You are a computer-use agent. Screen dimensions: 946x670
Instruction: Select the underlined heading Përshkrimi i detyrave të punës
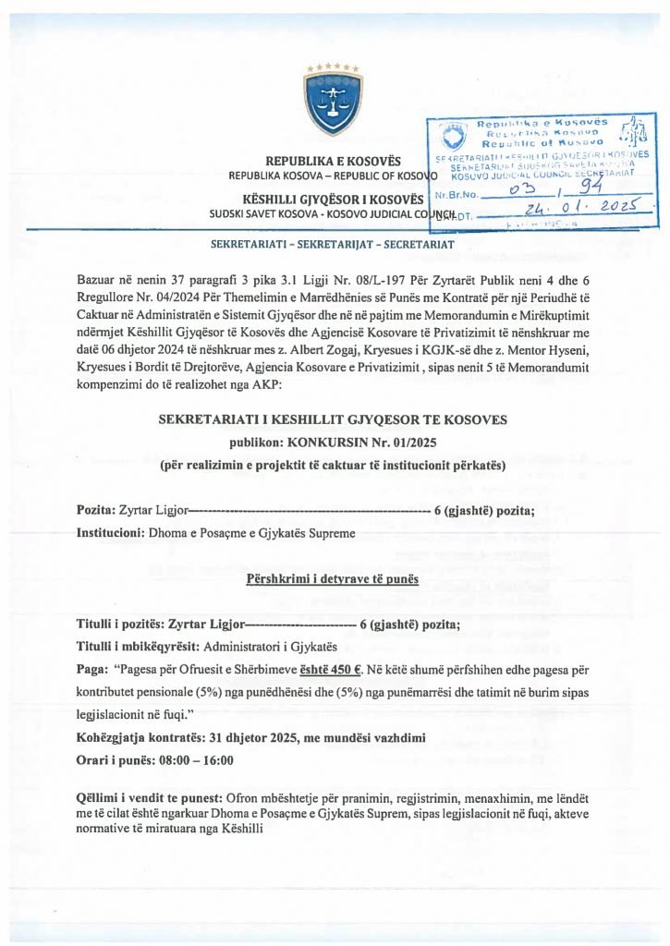click(334, 579)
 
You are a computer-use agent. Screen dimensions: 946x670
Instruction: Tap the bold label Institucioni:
click(110, 535)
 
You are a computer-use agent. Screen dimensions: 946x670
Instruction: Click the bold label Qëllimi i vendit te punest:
click(148, 796)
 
